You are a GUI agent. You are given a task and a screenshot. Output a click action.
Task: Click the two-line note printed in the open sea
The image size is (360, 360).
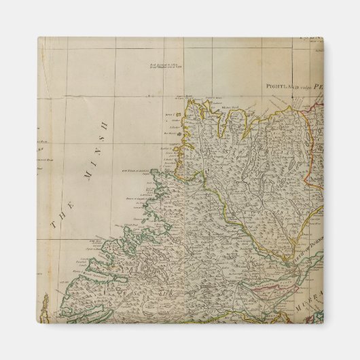(x=166, y=68)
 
